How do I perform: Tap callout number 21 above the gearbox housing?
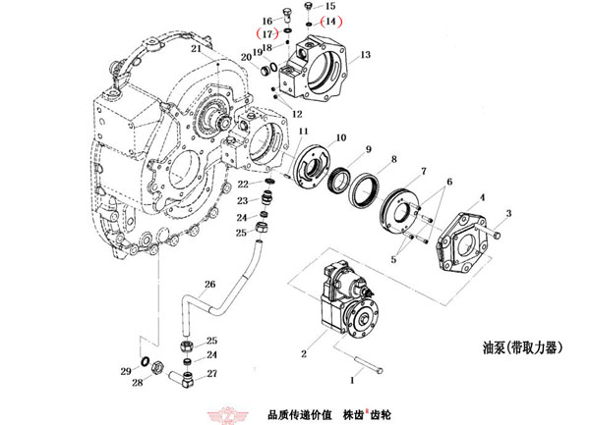(x=196, y=47)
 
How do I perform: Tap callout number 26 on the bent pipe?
(x=208, y=285)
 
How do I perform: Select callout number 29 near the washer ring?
(x=125, y=371)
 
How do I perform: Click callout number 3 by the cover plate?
(x=508, y=213)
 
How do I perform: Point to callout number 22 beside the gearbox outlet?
(x=242, y=184)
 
